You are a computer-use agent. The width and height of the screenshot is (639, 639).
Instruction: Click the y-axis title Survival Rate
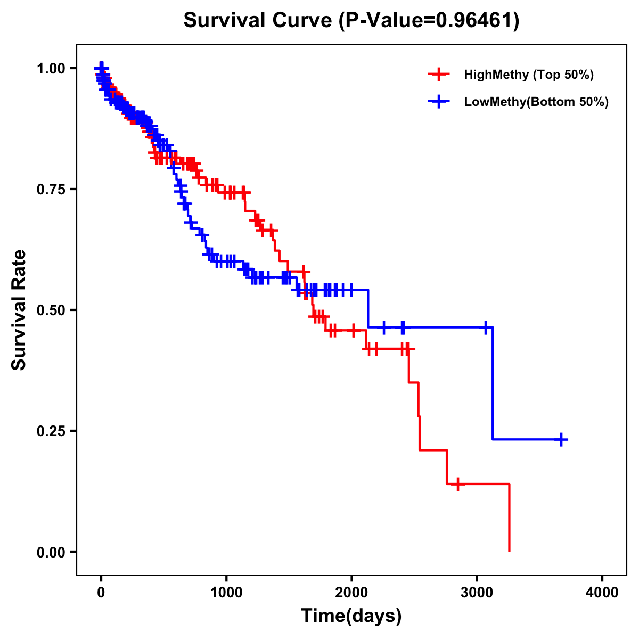click(19, 309)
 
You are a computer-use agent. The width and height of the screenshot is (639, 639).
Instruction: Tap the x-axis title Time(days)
click(351, 616)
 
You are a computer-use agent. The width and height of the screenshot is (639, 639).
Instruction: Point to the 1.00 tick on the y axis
click(51, 68)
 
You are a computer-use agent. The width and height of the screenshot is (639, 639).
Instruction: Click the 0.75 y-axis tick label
click(51, 189)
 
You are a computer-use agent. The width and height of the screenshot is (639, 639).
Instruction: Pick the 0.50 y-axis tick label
click(51, 310)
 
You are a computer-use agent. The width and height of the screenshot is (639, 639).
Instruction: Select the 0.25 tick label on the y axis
click(51, 431)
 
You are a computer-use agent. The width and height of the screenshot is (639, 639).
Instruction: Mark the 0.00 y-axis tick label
click(51, 552)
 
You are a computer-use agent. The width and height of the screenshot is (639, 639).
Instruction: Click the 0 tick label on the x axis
click(101, 592)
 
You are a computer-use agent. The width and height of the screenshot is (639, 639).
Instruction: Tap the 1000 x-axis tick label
click(226, 592)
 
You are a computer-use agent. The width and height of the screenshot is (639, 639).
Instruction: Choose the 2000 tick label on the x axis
click(351, 592)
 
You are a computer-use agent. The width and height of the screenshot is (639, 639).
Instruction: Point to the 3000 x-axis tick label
click(477, 592)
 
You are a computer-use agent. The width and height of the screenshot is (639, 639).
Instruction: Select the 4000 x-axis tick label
click(602, 592)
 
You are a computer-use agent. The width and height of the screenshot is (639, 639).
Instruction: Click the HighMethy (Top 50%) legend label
click(528, 75)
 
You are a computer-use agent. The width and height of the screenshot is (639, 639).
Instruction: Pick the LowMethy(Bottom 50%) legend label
click(536, 102)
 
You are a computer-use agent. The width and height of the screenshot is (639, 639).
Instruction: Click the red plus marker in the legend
click(439, 75)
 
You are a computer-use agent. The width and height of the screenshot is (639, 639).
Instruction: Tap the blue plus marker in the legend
click(439, 102)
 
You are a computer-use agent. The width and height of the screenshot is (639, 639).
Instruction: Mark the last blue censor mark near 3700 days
click(561, 439)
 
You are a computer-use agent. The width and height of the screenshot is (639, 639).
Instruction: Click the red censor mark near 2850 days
click(457, 484)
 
